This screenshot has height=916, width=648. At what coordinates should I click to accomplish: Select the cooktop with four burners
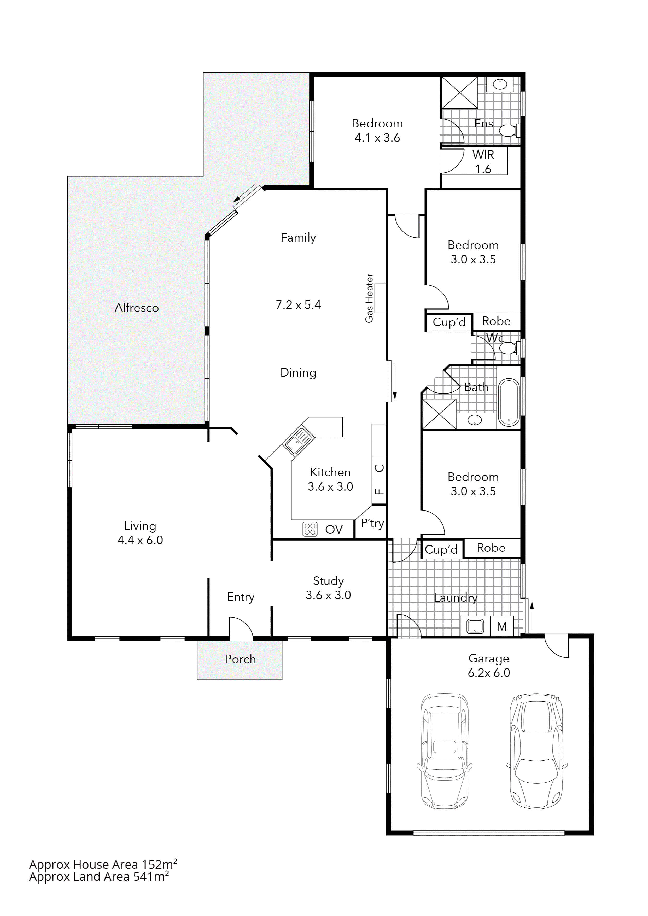point(310,529)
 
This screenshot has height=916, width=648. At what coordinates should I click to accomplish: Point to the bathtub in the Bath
point(508,402)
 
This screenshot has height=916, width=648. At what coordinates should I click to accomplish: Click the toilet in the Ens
point(509,130)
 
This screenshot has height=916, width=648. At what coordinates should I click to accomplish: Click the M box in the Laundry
point(501,626)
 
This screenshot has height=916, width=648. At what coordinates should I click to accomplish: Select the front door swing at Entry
point(241,627)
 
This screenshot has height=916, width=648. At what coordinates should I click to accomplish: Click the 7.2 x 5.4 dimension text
point(298,305)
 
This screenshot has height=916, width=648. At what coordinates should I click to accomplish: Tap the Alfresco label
point(136,308)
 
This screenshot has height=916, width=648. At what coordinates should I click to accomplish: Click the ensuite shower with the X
point(460,92)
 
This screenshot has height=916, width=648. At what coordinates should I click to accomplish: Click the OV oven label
point(334,529)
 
